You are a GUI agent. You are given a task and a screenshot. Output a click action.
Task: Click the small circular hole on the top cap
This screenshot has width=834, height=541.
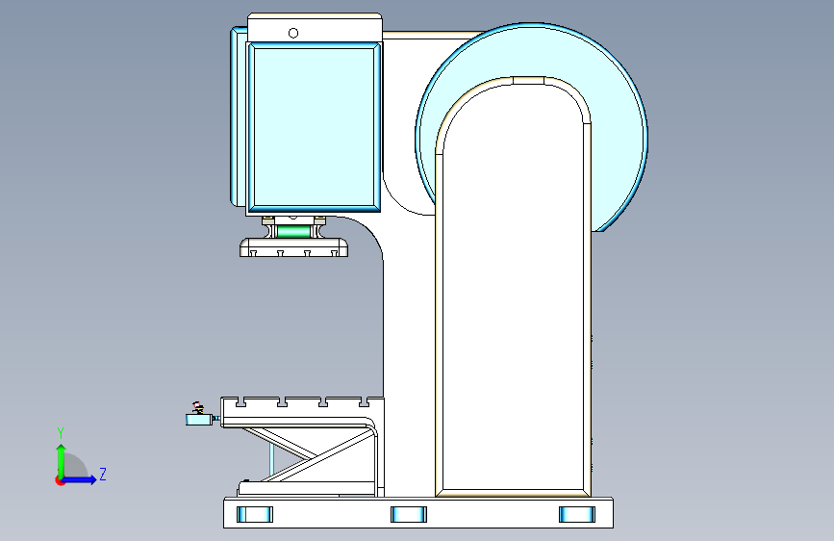(293, 33)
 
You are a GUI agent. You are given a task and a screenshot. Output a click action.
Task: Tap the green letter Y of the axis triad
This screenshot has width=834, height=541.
(61, 433)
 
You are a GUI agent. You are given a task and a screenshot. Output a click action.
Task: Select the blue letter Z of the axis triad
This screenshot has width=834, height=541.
(103, 474)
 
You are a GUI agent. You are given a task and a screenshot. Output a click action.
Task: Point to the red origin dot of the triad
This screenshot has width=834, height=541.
(60, 480)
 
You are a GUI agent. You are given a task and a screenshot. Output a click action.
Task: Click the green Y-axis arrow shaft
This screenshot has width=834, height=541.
(62, 462)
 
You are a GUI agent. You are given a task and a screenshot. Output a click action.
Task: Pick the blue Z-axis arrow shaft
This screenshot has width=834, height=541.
(78, 479)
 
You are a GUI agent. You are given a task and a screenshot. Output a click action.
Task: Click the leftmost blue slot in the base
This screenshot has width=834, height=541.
(255, 514)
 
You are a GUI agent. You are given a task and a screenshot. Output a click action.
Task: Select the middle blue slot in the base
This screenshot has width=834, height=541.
(409, 514)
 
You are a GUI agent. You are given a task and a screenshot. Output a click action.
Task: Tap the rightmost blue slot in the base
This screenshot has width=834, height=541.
(577, 514)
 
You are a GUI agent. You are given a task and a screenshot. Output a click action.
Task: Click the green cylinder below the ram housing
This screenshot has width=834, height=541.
(293, 232)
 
